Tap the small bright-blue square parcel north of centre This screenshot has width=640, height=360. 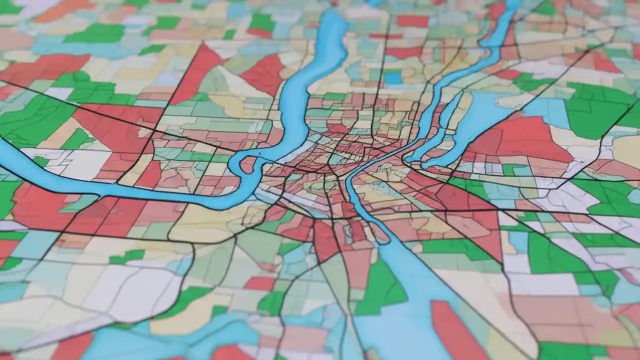(393, 77)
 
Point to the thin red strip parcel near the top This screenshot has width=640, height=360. (385, 36)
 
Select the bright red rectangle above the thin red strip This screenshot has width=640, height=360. (412, 21)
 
